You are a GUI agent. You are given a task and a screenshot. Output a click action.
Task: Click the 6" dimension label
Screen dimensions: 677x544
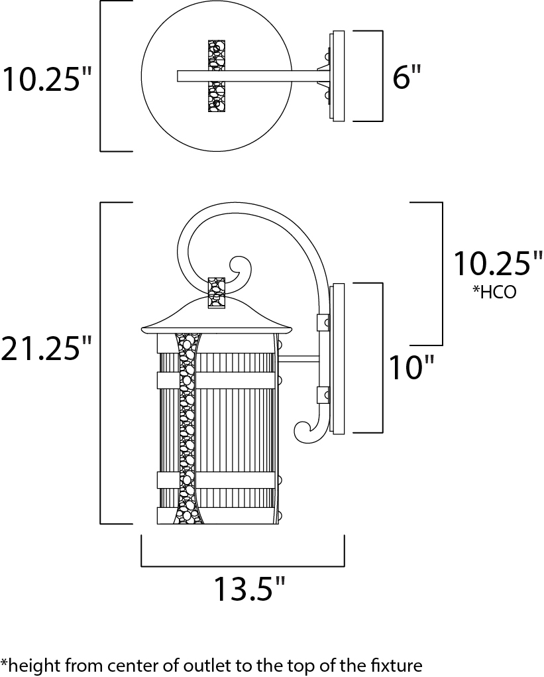(x=406, y=78)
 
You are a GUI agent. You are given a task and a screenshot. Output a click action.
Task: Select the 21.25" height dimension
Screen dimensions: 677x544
(x=46, y=349)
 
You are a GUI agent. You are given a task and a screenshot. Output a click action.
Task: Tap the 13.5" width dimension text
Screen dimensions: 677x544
(x=248, y=587)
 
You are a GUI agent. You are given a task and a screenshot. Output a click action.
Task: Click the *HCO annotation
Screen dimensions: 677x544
(x=494, y=292)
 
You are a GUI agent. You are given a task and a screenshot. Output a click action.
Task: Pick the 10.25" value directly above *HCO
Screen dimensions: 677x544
(x=498, y=264)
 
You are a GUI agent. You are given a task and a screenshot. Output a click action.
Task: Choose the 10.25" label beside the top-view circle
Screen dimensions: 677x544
(x=46, y=79)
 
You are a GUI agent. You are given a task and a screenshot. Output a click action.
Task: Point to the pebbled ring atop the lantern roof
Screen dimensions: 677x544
(x=217, y=292)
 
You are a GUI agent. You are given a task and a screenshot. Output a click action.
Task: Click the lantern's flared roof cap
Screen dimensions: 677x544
(x=217, y=319)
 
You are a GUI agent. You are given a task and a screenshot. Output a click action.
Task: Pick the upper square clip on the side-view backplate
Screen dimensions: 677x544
(x=324, y=322)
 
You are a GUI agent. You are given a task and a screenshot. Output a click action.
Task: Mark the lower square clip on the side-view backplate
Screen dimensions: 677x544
(x=324, y=395)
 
